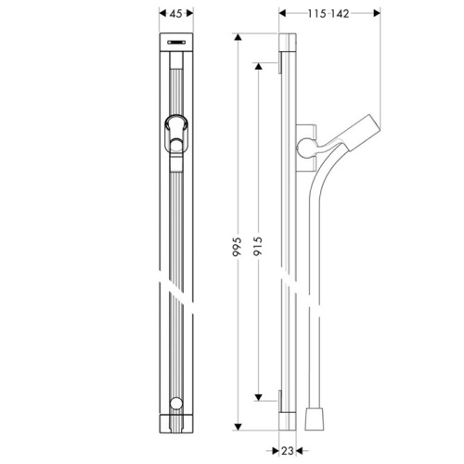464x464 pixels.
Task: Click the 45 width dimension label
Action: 176,14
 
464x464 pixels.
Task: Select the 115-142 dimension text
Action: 329,14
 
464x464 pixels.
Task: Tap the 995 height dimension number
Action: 238,247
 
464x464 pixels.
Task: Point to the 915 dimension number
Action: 258,246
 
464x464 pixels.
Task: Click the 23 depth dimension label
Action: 288,451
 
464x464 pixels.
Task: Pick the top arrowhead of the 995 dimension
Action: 238,37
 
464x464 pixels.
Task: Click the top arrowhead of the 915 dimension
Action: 259,66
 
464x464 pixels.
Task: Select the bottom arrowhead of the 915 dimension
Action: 259,397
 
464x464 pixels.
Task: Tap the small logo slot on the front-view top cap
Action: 176,42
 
